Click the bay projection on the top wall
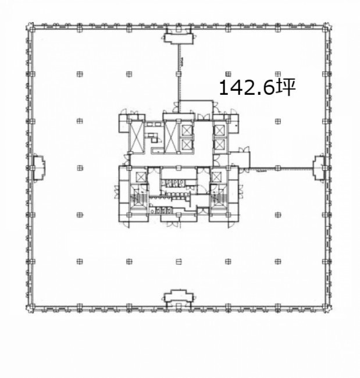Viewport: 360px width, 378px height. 179,38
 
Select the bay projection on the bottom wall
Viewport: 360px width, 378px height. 179,296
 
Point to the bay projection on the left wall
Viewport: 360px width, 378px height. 38,168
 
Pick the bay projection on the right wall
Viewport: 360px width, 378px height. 319,168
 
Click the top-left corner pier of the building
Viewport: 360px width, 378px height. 30,27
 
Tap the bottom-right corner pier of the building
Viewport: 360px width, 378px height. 327,308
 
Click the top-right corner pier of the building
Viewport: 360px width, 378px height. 327,27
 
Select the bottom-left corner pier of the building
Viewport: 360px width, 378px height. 30,308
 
